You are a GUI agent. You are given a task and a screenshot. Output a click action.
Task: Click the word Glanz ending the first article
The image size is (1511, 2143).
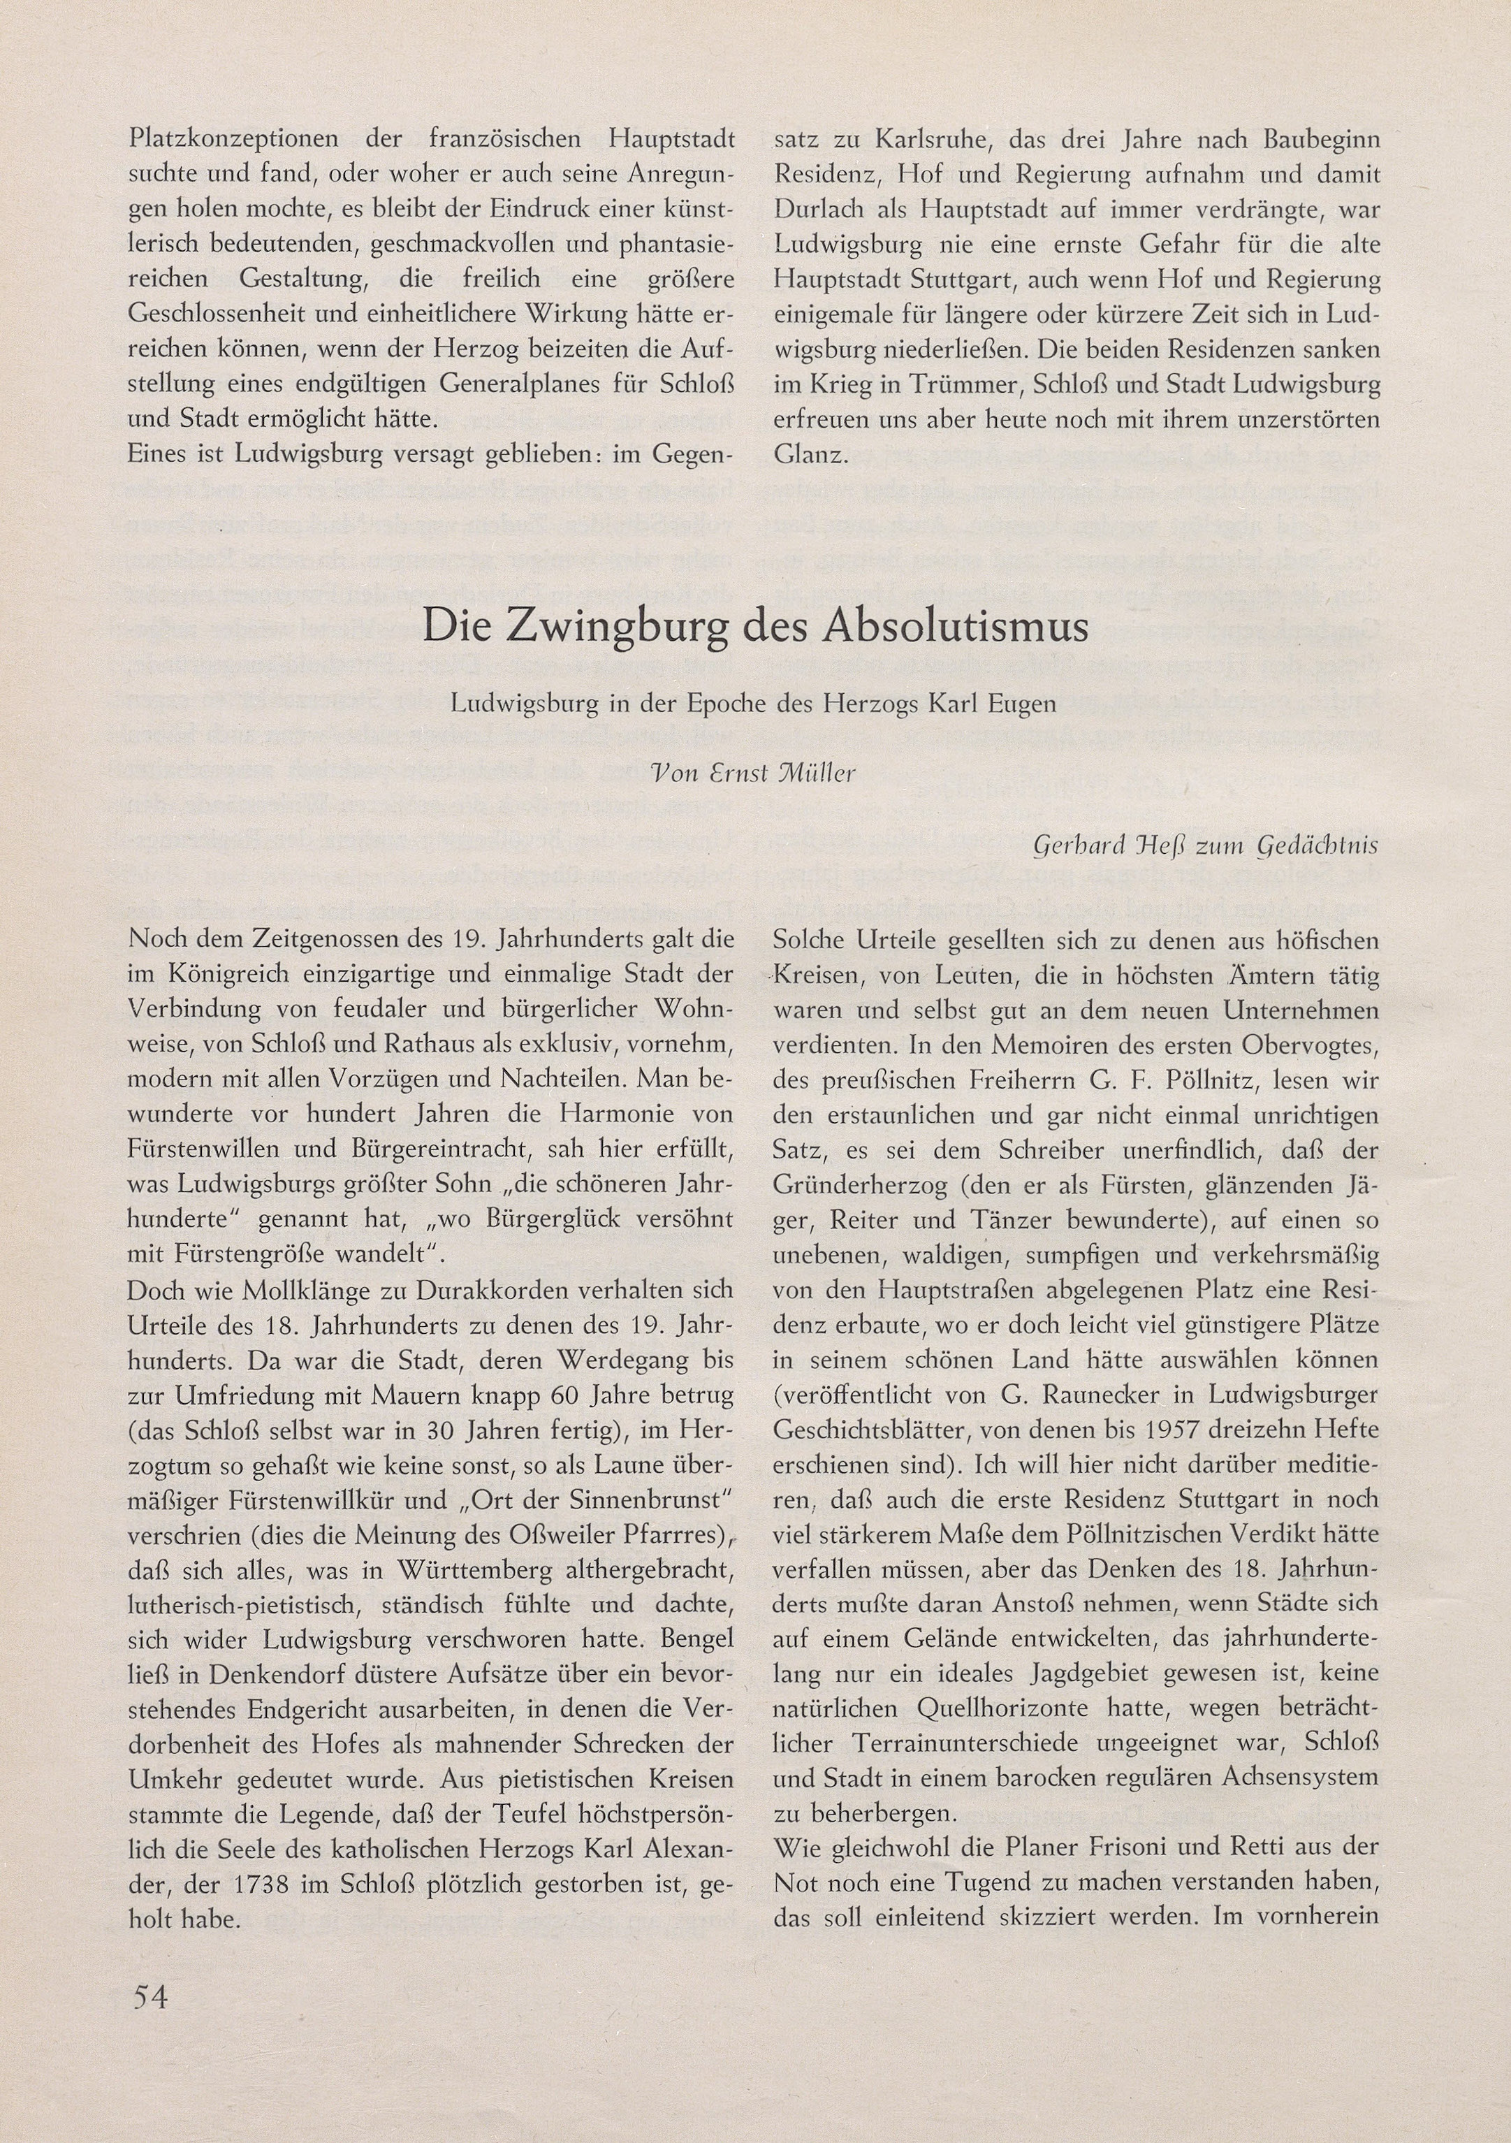click(810, 456)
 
